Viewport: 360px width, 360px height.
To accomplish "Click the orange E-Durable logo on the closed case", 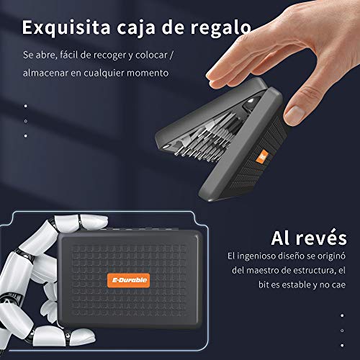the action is (129, 280).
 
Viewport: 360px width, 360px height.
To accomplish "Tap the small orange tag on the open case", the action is (262, 156).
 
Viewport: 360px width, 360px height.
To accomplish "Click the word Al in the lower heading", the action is (281, 238).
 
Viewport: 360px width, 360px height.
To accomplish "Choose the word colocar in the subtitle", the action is (151, 55).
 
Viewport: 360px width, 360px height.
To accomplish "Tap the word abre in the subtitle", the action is (45, 55).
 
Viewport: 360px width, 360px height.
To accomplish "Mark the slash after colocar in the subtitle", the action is (171, 55).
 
